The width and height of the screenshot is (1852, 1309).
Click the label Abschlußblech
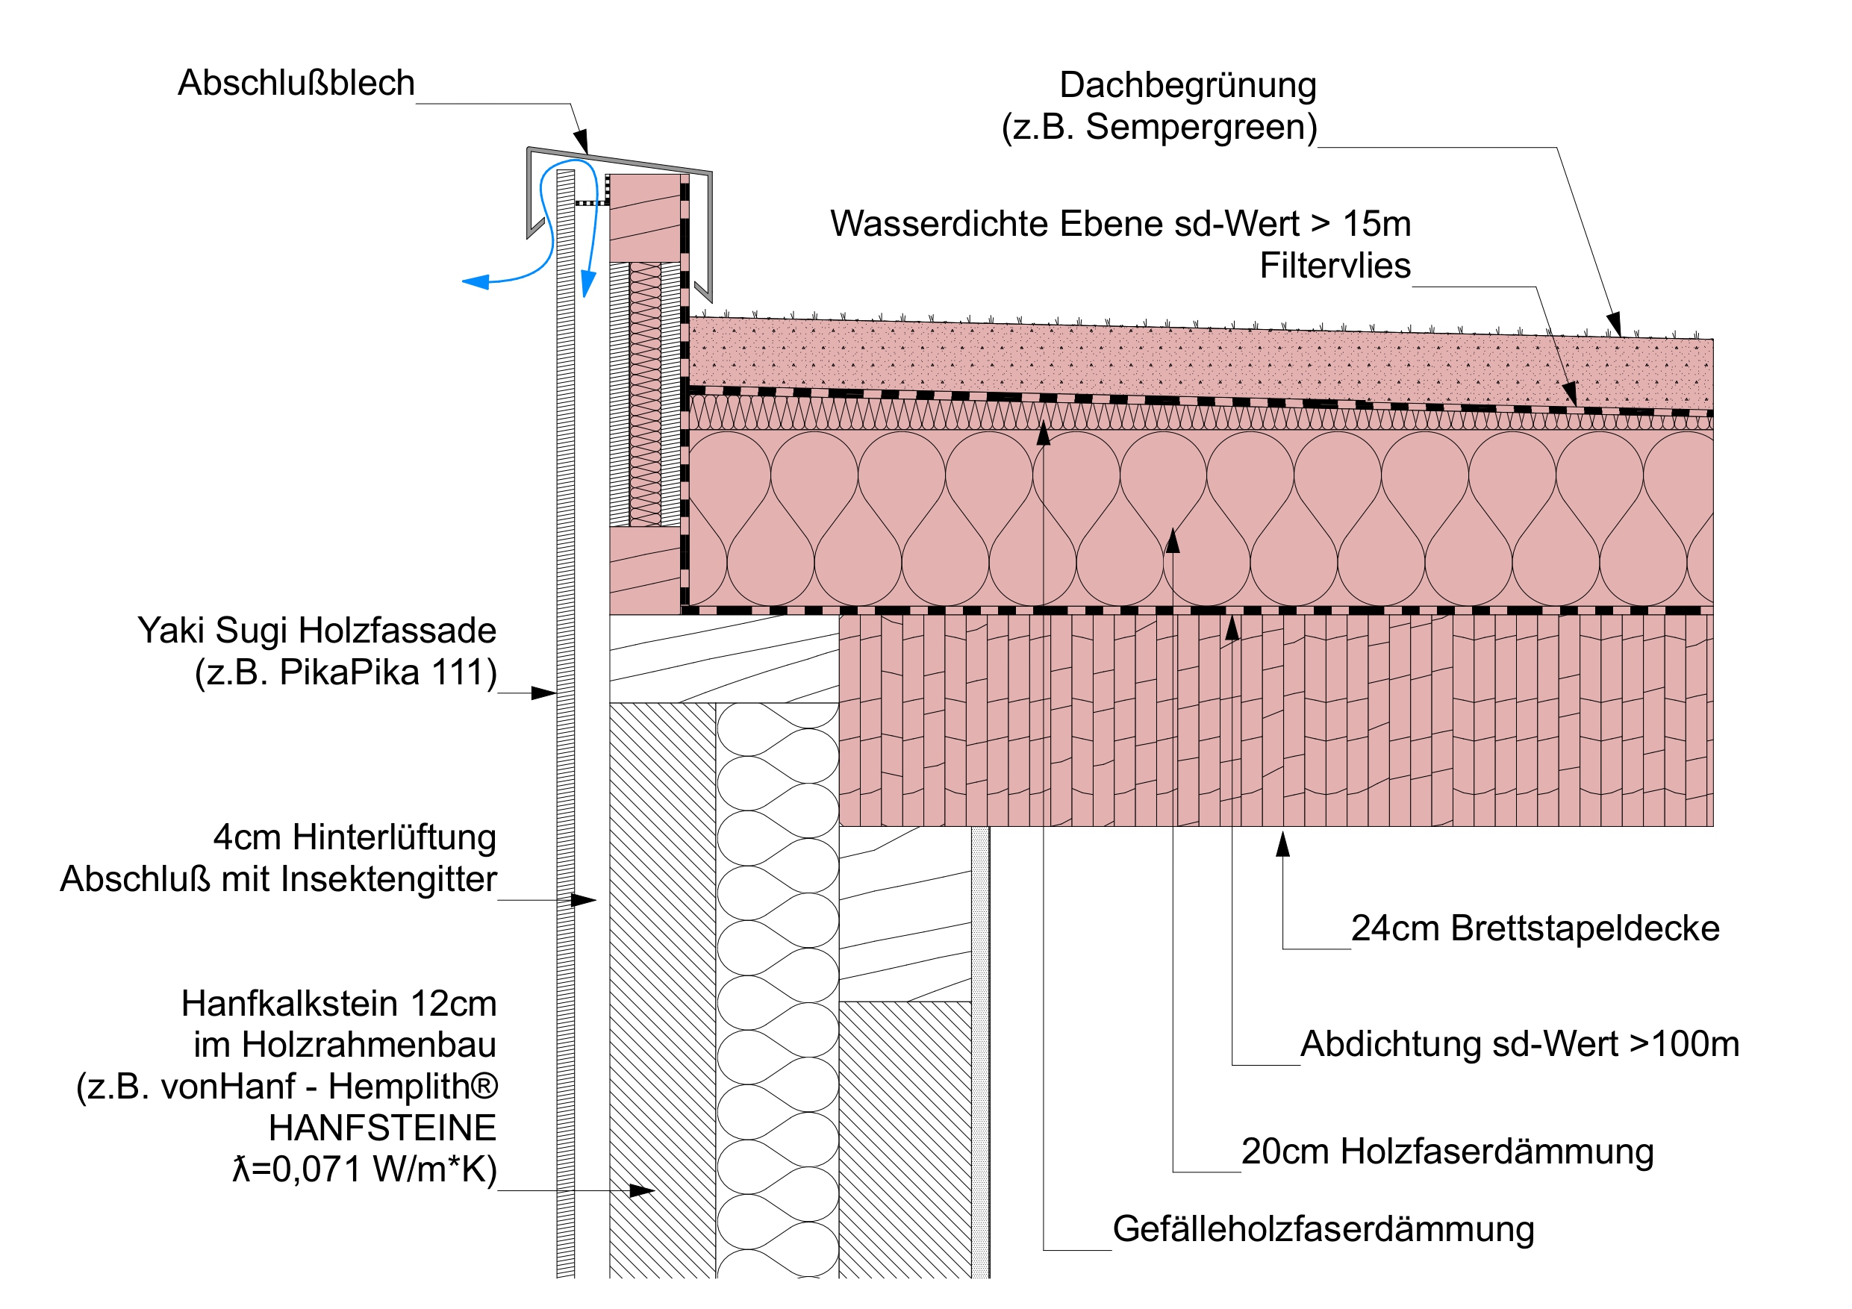point(296,83)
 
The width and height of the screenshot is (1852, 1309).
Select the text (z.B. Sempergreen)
point(1159,127)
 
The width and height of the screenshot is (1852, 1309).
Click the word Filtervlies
point(1335,266)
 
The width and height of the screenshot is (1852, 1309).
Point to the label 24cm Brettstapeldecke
point(1535,928)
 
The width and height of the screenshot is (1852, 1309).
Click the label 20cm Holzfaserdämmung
point(1447,1151)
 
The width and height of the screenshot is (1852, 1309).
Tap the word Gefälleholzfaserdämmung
point(1323,1228)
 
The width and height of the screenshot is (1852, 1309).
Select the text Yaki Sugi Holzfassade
point(317,630)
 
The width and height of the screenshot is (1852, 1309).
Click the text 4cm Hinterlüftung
point(354,837)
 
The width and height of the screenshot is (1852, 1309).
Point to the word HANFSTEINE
point(382,1128)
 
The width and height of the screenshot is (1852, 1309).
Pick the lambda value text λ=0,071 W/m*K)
point(364,1169)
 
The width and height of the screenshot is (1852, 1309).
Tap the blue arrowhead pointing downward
point(588,284)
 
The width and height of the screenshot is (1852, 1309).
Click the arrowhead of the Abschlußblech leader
point(582,142)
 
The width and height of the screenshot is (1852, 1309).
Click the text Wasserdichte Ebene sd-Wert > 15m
point(1120,223)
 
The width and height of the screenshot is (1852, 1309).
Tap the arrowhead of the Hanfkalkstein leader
point(642,1190)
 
